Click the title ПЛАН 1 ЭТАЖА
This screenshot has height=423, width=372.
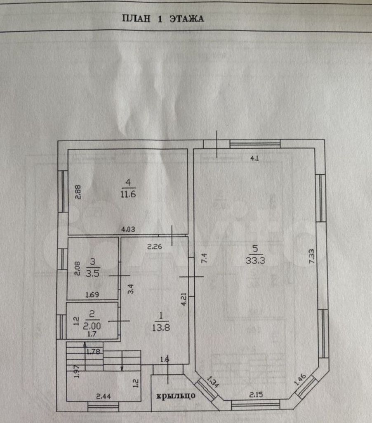point(163,19)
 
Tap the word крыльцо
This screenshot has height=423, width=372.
point(176,395)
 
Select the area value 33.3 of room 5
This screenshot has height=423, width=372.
point(255,260)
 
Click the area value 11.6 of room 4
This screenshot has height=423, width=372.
point(128,194)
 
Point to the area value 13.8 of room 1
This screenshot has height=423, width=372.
point(161,328)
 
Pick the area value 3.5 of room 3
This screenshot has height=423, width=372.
point(92,273)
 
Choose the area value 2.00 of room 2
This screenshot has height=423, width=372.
point(92,326)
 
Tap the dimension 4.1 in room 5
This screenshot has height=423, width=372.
point(254,158)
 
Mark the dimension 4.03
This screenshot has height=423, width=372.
point(128,230)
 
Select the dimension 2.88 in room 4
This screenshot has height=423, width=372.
point(78,192)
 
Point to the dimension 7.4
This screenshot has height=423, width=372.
point(204,258)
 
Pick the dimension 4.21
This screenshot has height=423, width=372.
point(184,299)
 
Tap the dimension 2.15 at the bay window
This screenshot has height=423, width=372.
point(256,394)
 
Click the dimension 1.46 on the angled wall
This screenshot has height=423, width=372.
point(300,379)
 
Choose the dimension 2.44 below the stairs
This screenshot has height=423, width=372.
point(104,396)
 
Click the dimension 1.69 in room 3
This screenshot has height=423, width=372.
point(92,295)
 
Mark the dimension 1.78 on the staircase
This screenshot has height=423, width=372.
point(93,352)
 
